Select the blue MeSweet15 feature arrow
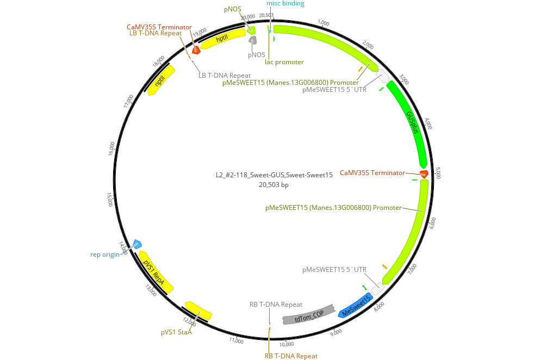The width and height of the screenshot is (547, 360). pos(356,306)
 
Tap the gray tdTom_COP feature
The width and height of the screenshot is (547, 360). pos(308,315)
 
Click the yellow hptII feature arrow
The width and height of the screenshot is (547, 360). pos(223,39)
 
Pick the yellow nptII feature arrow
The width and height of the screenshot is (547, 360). pos(160,80)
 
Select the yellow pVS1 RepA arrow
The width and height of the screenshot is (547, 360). pos(154,271)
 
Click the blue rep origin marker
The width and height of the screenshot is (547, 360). pos(137,244)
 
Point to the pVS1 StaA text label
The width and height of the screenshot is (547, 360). pos(176,332)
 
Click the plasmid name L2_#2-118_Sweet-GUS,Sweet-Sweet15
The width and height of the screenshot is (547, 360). pos(273,175)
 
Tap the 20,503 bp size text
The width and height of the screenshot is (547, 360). pos(273,185)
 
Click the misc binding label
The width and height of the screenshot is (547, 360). pos(285,4)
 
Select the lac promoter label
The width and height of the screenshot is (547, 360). pos(284,62)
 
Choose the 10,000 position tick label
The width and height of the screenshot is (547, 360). pos(287,344)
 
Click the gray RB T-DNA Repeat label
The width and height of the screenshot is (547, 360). pos(276,305)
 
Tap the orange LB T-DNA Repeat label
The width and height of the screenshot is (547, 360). pos(156,33)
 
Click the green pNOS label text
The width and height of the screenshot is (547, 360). pos(232,9)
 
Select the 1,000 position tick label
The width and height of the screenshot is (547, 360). pos(324,23)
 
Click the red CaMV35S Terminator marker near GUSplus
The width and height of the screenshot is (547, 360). pos(424,173)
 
